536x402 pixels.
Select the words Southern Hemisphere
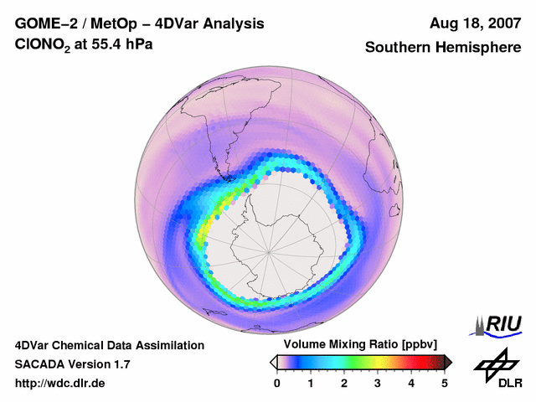click(x=442, y=48)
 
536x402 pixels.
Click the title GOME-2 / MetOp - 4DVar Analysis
click(x=140, y=23)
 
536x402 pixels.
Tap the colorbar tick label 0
click(x=277, y=383)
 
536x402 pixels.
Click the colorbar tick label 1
click(x=311, y=383)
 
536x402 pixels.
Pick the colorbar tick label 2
click(x=344, y=383)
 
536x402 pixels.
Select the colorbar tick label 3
click(x=378, y=383)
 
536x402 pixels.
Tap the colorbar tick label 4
click(x=411, y=383)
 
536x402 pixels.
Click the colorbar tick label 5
click(x=445, y=383)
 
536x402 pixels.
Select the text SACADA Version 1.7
click(x=72, y=364)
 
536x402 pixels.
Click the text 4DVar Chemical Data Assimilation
click(x=109, y=345)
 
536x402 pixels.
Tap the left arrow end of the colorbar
click(x=273, y=362)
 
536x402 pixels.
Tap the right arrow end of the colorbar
click(x=448, y=362)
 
